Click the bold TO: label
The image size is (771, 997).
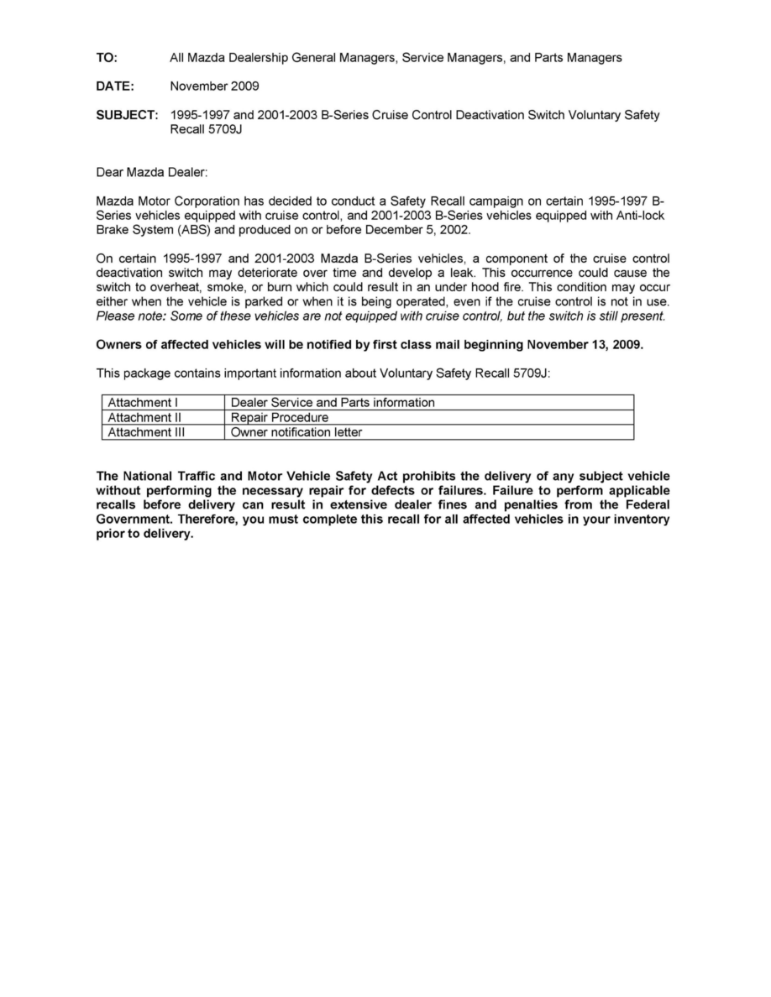pos(108,58)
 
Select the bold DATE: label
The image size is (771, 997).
pos(115,86)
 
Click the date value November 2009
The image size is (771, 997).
pos(214,86)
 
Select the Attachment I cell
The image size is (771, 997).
pos(142,403)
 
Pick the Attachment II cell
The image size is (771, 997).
pos(144,418)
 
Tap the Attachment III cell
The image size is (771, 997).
pos(146,433)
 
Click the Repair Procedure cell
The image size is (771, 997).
pos(279,418)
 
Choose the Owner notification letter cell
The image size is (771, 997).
pos(296,433)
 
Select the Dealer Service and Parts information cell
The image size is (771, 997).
pos(333,403)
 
